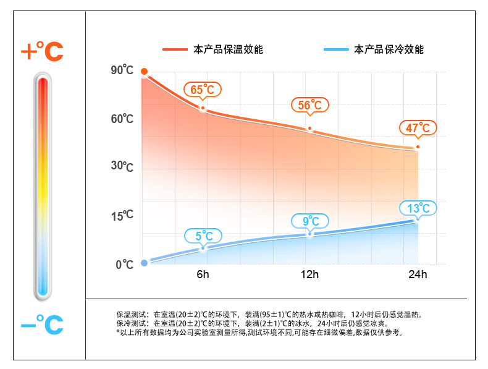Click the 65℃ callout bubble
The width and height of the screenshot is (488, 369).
coord(202,90)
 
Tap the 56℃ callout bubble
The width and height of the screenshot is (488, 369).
coord(310,105)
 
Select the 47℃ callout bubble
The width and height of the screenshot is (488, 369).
coord(418,128)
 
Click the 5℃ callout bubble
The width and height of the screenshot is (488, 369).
coord(203,235)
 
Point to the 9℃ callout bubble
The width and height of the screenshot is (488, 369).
coord(310,221)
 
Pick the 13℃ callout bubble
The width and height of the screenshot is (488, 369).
coord(418,208)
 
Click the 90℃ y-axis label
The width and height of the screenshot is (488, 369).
coord(122,70)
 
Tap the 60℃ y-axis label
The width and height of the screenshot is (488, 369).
coord(122,118)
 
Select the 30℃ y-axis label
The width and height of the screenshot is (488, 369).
coord(122,166)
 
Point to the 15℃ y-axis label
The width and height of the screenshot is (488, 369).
coord(122,216)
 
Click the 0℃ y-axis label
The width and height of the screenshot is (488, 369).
coord(124,265)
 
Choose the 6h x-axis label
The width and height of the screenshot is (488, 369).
coord(203,274)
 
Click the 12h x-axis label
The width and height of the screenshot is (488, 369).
coord(309,274)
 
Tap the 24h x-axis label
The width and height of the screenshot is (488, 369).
coord(418,274)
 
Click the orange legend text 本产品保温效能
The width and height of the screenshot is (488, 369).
coord(229,49)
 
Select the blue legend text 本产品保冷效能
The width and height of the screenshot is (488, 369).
coord(389,49)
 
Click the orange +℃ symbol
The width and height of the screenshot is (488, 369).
coord(42,52)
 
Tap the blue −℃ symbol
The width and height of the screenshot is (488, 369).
coord(42,323)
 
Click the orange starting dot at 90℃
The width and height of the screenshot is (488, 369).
coord(144,72)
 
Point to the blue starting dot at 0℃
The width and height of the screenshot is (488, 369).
coord(144,263)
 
